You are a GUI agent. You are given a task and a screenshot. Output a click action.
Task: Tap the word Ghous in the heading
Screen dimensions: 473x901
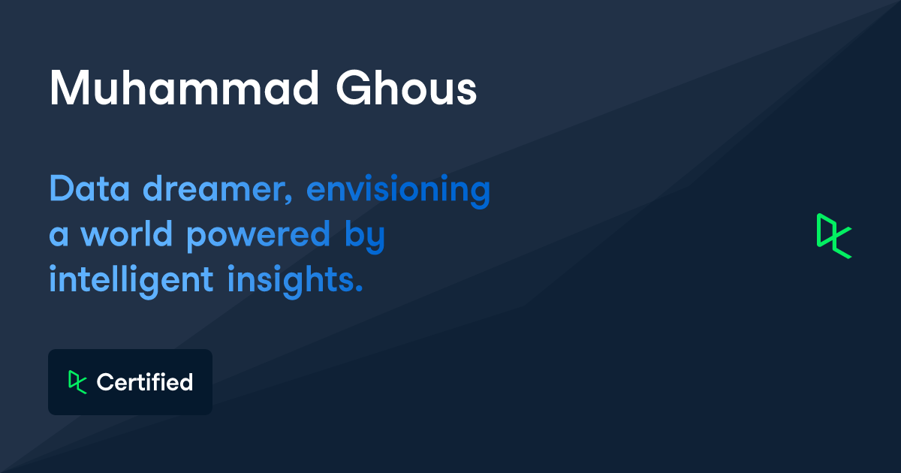coord(405,88)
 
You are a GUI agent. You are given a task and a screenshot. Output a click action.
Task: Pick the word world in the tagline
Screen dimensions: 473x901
coord(127,234)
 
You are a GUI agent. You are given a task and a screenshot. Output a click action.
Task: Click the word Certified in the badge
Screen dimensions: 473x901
coord(145,382)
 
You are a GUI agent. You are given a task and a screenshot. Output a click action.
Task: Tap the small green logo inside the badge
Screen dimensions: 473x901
coord(77,382)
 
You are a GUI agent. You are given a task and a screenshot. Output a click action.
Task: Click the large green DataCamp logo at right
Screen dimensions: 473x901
coord(833,236)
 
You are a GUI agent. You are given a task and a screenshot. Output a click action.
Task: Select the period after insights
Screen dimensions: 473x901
coord(358,289)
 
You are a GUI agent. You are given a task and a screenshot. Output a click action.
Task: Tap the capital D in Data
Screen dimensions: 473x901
coord(60,189)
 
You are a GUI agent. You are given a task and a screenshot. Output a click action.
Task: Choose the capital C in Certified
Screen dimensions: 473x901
coord(104,382)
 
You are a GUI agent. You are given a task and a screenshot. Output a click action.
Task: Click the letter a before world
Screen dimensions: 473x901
coord(59,236)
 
